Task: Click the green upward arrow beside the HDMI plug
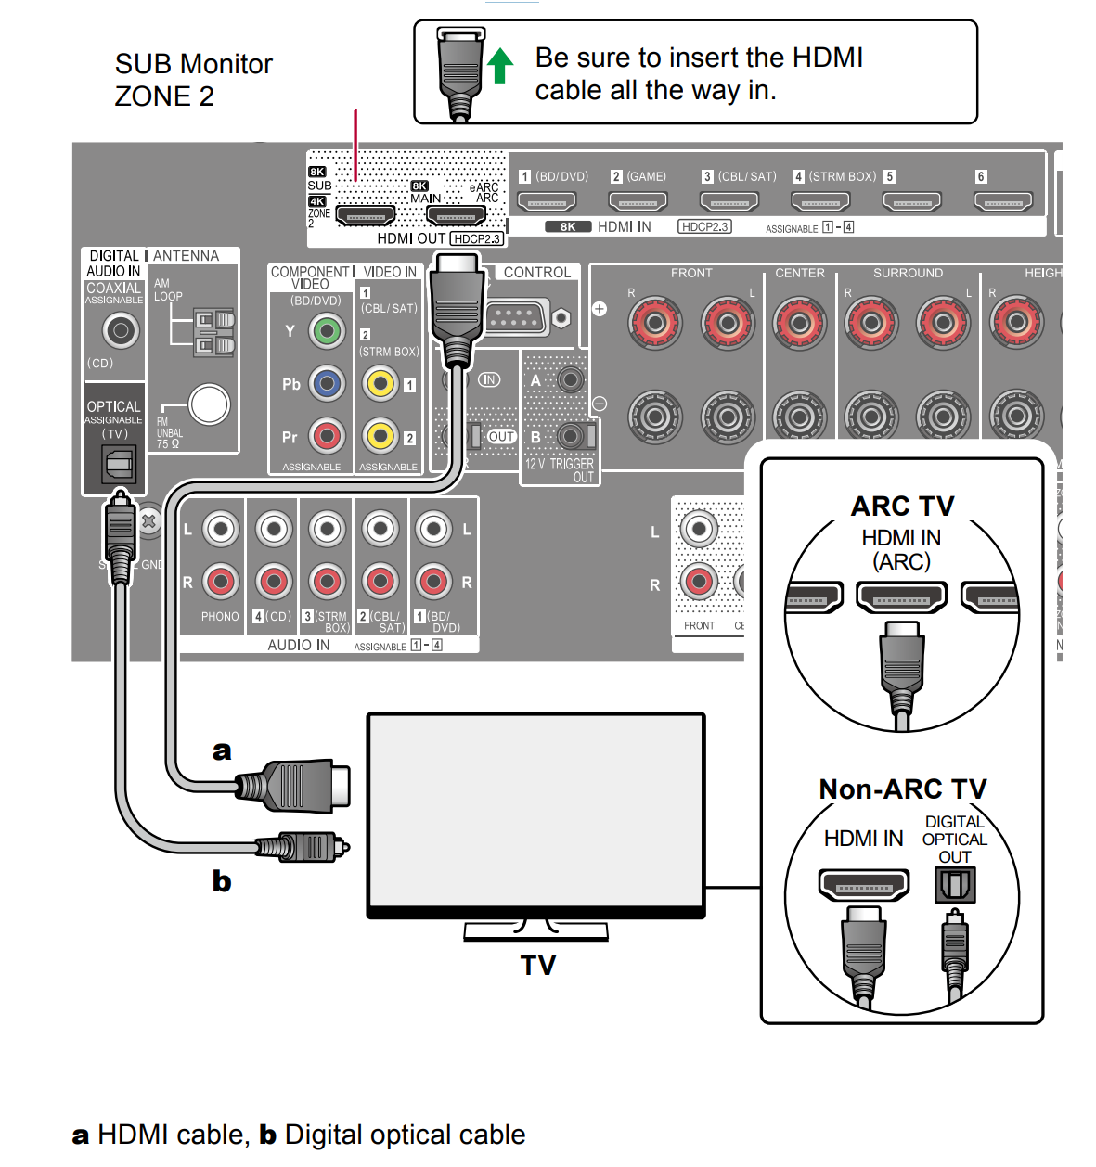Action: (500, 66)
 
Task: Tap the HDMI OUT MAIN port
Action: (456, 216)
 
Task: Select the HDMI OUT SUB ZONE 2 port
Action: (366, 216)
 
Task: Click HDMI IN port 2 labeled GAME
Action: (638, 200)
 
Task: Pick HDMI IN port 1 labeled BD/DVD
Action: (547, 200)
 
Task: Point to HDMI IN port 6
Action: (1003, 200)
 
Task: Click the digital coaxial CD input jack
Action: (121, 330)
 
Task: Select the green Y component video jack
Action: (327, 330)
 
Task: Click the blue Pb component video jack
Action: (327, 383)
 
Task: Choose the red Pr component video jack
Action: (327, 436)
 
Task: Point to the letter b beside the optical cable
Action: (222, 880)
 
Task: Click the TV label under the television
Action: (538, 966)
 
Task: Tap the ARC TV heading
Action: (902, 507)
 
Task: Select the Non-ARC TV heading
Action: (902, 789)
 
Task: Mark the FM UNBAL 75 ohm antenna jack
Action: (209, 404)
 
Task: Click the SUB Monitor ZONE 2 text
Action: (193, 80)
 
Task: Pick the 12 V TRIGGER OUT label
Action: (560, 469)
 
